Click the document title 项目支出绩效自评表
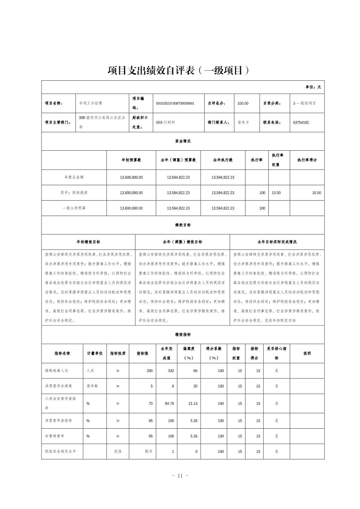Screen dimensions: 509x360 (x=178, y=71)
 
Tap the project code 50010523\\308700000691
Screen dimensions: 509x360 (x=175, y=103)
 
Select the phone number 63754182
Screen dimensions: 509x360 (x=301, y=123)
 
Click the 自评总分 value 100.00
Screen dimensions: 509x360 (x=243, y=103)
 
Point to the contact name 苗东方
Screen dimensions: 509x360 (x=243, y=123)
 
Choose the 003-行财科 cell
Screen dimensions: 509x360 (x=165, y=123)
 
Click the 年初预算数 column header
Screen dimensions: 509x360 (x=131, y=160)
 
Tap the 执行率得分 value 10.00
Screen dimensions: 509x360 (x=316, y=193)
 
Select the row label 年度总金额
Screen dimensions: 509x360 (x=74, y=177)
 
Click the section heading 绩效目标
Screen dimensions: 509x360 (x=183, y=225)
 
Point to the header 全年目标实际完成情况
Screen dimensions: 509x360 (x=277, y=242)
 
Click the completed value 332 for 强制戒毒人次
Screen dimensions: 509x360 (x=171, y=371)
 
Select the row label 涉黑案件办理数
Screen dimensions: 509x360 (x=59, y=386)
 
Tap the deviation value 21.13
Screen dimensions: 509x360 (x=193, y=404)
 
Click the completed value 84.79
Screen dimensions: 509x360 (x=169, y=404)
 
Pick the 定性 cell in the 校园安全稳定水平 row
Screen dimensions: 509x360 (x=118, y=451)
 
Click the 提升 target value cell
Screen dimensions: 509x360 (x=149, y=451)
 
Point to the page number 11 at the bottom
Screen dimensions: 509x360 (x=180, y=476)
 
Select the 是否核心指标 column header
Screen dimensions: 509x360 (x=276, y=353)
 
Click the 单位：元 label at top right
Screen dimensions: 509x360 (x=313, y=87)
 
